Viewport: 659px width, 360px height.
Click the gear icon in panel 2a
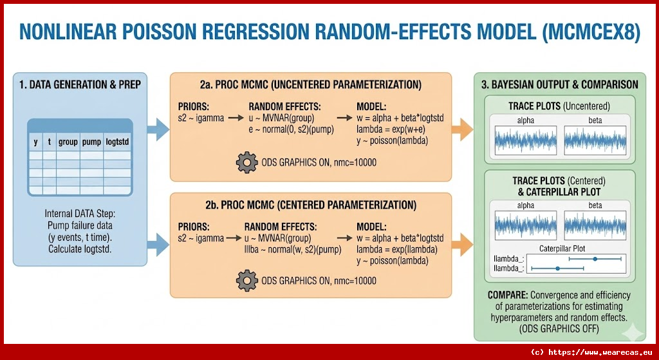(x=247, y=162)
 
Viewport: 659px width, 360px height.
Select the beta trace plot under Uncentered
(x=595, y=138)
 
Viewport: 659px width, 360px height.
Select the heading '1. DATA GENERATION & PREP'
(x=80, y=84)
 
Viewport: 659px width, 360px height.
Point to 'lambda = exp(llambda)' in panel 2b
(x=396, y=249)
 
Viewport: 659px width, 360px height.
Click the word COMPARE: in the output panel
(x=506, y=295)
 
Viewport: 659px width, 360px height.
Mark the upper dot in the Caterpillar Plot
(x=595, y=259)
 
